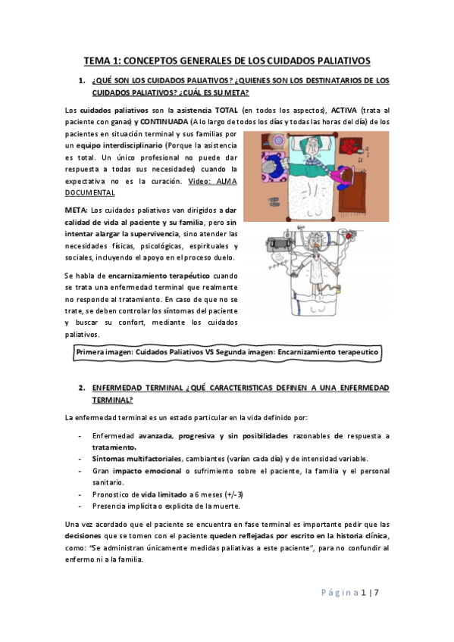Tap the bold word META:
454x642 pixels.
(x=76, y=209)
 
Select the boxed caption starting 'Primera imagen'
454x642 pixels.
(x=227, y=352)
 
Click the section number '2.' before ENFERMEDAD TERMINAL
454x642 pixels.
(x=81, y=388)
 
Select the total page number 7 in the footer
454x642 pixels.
(x=375, y=592)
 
